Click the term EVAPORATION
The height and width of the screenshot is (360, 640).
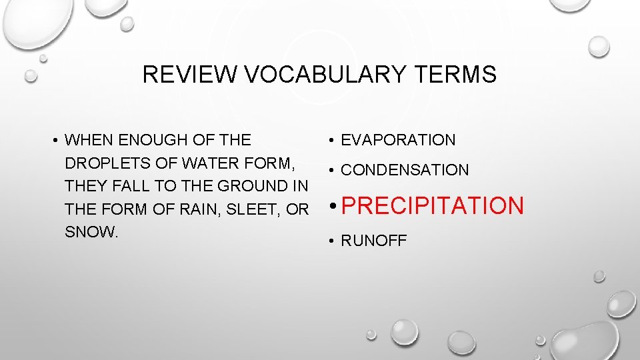pos(398,140)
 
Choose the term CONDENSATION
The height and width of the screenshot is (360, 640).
pos(405,170)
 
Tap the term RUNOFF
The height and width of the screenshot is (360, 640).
pos(373,241)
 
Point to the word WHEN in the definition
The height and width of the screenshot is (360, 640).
pos(87,140)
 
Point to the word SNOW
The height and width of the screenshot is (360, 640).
pos(89,233)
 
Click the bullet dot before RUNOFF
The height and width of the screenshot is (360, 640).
pos(331,241)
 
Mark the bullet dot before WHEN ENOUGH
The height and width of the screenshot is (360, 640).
pos(55,141)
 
